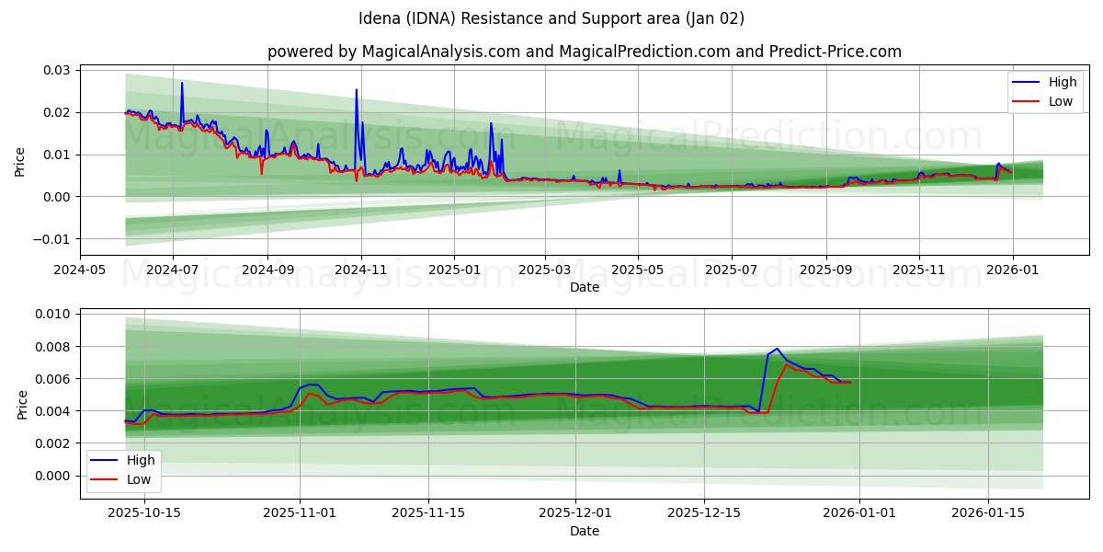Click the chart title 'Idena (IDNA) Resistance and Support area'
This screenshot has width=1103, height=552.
click(551, 18)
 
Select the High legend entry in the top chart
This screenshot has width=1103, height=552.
click(1048, 82)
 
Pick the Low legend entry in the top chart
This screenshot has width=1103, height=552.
click(1048, 101)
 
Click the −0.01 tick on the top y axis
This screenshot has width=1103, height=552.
click(53, 239)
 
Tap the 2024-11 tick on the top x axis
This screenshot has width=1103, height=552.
click(361, 270)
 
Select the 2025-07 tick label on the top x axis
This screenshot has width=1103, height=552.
click(732, 270)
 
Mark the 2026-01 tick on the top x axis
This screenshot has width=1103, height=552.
click(1012, 270)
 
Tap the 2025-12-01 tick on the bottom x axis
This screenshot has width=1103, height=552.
click(574, 512)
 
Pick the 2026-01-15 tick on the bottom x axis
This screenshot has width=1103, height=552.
click(988, 512)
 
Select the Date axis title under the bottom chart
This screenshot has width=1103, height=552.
click(584, 531)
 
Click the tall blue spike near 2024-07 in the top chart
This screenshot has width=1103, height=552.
click(182, 83)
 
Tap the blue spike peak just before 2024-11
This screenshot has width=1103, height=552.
click(357, 90)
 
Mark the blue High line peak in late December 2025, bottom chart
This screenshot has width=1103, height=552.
click(777, 349)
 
